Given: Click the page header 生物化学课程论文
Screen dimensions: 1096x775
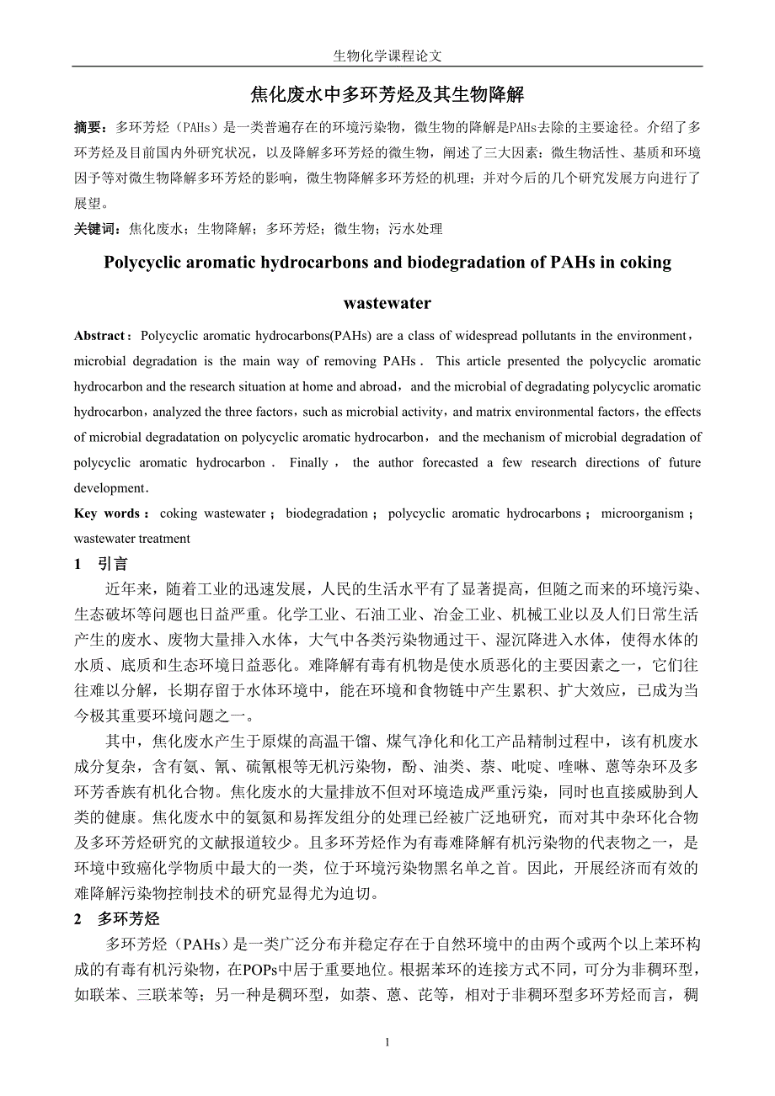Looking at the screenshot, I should pyautogui.click(x=387, y=56).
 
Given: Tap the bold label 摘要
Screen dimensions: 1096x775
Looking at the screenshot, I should pyautogui.click(x=89, y=128).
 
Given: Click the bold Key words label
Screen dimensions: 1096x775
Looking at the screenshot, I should pyautogui.click(x=110, y=513).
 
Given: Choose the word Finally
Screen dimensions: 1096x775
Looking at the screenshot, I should pyautogui.click(x=308, y=463).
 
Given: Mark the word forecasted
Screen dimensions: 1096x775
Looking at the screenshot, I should pyautogui.click(x=445, y=463).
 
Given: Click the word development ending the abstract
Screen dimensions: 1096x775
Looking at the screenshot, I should pyautogui.click(x=110, y=488).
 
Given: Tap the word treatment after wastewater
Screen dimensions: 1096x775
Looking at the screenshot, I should pyautogui.click(x=163, y=539).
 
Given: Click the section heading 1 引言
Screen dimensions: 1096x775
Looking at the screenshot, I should pyautogui.click(x=101, y=564).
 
